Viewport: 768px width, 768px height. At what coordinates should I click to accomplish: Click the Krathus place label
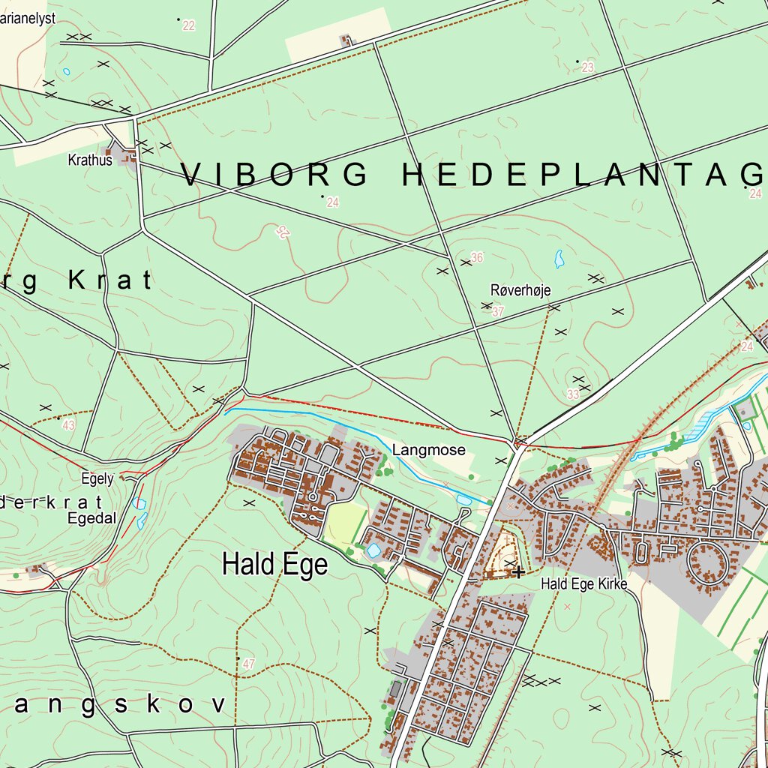90,160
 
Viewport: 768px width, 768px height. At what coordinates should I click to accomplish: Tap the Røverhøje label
514,289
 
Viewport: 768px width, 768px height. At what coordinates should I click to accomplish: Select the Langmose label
428,450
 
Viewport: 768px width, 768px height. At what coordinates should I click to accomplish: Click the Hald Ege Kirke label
583,583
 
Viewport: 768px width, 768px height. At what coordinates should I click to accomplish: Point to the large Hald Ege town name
274,564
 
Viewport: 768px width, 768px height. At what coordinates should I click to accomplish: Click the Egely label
97,478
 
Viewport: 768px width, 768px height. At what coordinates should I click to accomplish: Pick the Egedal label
91,517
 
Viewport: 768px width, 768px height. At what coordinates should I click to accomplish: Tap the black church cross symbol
517,572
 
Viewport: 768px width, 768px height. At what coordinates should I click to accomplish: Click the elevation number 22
188,26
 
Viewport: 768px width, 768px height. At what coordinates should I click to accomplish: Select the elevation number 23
587,68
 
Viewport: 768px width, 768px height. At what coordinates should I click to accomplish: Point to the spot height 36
477,258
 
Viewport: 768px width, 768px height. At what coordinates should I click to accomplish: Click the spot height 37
498,311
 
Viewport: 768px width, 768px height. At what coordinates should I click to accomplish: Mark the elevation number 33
573,394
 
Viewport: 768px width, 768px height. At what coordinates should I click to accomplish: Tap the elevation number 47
249,664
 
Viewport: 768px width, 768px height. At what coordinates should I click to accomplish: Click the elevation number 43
69,425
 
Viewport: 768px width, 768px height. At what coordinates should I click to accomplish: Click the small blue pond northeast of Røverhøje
559,259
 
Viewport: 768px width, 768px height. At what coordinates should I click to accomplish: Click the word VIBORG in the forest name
274,175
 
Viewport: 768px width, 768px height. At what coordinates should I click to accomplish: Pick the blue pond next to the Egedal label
139,504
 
